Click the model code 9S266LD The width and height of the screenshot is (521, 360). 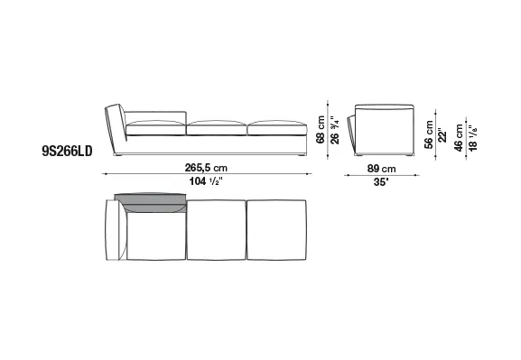[67, 152]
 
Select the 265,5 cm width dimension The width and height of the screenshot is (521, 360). [206, 168]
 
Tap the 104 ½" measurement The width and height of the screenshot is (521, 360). [206, 181]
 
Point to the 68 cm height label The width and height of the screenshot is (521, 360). [321, 130]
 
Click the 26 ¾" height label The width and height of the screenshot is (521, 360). [335, 130]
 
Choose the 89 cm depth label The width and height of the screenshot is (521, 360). [381, 169]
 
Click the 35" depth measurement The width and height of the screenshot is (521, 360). [381, 182]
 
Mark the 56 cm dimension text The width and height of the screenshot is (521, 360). [429, 134]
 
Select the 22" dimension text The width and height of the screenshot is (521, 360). [442, 134]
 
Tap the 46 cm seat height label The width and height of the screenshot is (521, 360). [459, 138]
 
